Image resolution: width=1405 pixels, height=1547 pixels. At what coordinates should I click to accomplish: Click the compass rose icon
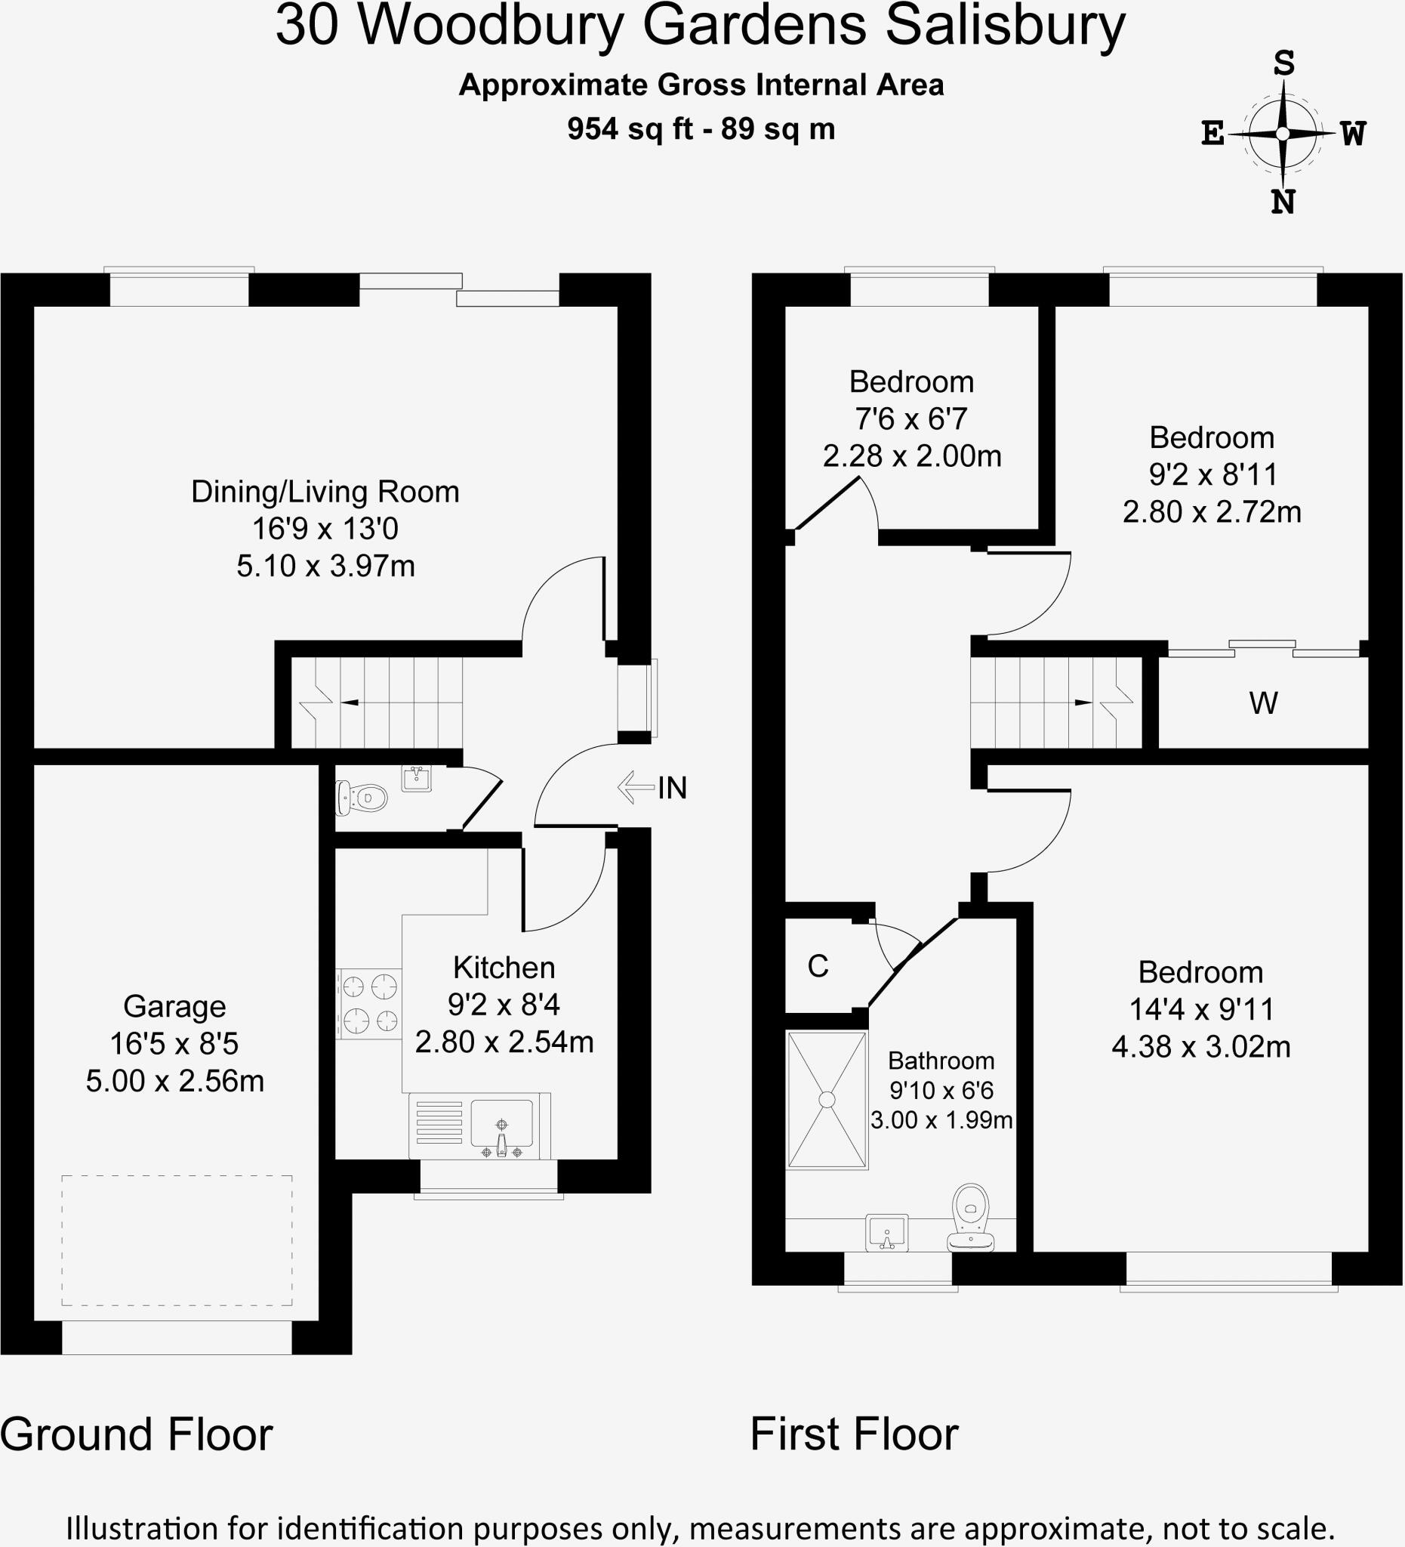pyautogui.click(x=1283, y=134)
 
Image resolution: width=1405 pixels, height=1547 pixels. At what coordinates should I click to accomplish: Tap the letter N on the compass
pyautogui.click(x=1283, y=202)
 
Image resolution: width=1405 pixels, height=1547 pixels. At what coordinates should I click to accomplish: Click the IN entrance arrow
pyautogui.click(x=636, y=787)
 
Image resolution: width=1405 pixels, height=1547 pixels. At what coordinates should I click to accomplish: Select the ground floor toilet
pyautogui.click(x=361, y=798)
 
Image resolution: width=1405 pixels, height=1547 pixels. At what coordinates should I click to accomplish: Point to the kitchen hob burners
pyautogui.click(x=370, y=1003)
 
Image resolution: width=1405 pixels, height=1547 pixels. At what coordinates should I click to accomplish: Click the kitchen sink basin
pyautogui.click(x=501, y=1122)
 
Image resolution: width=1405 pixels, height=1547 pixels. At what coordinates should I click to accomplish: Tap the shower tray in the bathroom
pyautogui.click(x=827, y=1100)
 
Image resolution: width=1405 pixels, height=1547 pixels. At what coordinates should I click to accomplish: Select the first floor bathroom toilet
pyautogui.click(x=971, y=1217)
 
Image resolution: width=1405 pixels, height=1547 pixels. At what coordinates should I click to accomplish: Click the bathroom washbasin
pyautogui.click(x=887, y=1232)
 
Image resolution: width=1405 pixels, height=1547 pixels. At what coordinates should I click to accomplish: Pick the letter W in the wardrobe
pyautogui.click(x=1264, y=702)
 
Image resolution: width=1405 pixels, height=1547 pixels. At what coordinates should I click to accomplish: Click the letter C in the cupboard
pyautogui.click(x=818, y=966)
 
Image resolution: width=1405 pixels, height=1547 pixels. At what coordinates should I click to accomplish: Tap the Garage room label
pyautogui.click(x=175, y=1006)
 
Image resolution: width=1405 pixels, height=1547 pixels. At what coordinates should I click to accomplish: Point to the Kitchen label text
pyautogui.click(x=504, y=968)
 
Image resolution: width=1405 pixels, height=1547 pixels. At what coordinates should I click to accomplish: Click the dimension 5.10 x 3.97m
pyautogui.click(x=326, y=567)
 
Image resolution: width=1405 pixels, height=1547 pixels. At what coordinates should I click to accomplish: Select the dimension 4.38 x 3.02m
pyautogui.click(x=1201, y=1047)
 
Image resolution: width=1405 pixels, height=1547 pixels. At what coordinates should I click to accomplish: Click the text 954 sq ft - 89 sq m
pyautogui.click(x=701, y=129)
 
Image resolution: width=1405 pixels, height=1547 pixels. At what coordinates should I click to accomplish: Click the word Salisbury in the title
pyautogui.click(x=1006, y=26)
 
